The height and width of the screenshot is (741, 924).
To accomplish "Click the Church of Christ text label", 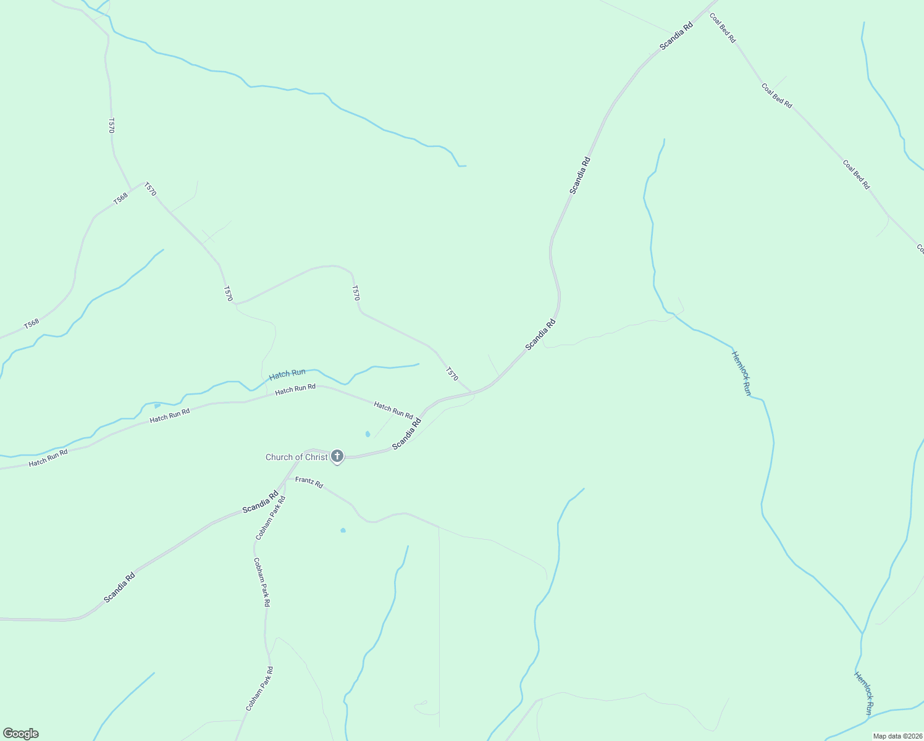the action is (x=296, y=458).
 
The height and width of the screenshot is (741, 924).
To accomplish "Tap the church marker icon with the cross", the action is (x=337, y=456).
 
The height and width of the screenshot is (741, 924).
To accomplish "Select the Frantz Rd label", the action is (x=309, y=482).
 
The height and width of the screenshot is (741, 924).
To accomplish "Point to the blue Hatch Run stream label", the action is (x=287, y=374).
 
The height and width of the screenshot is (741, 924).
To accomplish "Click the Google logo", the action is (x=20, y=734).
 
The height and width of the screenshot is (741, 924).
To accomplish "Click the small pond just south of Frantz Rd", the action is (x=343, y=530).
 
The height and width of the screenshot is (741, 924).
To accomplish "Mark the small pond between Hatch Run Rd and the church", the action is (x=367, y=434).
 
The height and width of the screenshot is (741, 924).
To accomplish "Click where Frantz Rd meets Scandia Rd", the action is (x=286, y=479).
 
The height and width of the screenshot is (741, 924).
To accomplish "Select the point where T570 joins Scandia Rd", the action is (x=472, y=392).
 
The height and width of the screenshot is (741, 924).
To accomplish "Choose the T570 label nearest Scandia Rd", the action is (x=451, y=374).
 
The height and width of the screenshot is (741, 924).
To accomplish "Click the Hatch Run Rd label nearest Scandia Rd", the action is (x=393, y=409).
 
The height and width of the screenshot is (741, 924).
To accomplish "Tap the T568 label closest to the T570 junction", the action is (x=120, y=198).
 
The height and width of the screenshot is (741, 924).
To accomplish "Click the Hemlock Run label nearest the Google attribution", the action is (x=863, y=693).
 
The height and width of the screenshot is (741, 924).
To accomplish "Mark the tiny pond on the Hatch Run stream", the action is (x=157, y=406).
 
